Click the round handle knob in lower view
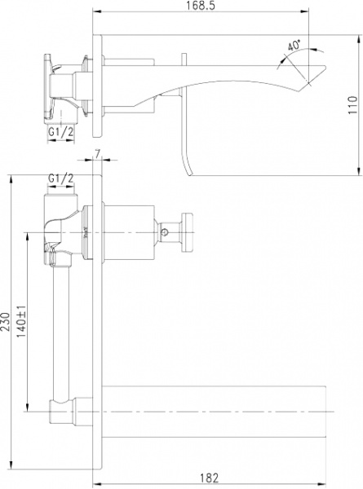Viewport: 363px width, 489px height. pos(186,232)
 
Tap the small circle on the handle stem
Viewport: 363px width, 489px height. pos(167,233)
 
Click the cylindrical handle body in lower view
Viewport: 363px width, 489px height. pos(131,232)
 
